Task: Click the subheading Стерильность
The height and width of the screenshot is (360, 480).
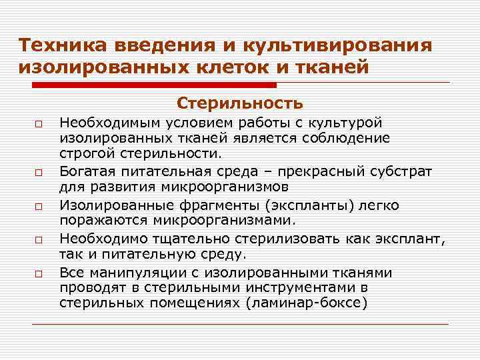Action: point(240,103)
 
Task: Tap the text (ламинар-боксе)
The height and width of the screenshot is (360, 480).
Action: point(307,301)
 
